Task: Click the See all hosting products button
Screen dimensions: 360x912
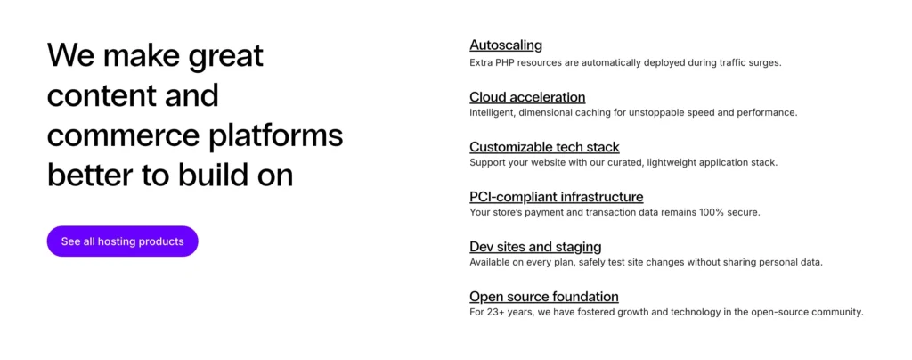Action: pyautogui.click(x=122, y=241)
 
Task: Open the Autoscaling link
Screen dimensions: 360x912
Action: pyautogui.click(x=506, y=45)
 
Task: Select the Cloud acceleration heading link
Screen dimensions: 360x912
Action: pyautogui.click(x=527, y=97)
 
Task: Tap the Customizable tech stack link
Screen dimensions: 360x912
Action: pyautogui.click(x=544, y=147)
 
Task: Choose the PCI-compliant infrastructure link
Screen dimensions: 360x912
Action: pyautogui.click(x=556, y=197)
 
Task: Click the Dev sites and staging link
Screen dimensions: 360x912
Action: pyautogui.click(x=535, y=247)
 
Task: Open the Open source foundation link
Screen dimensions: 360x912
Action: pyautogui.click(x=543, y=297)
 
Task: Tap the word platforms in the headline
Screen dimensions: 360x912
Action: pyautogui.click(x=278, y=136)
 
